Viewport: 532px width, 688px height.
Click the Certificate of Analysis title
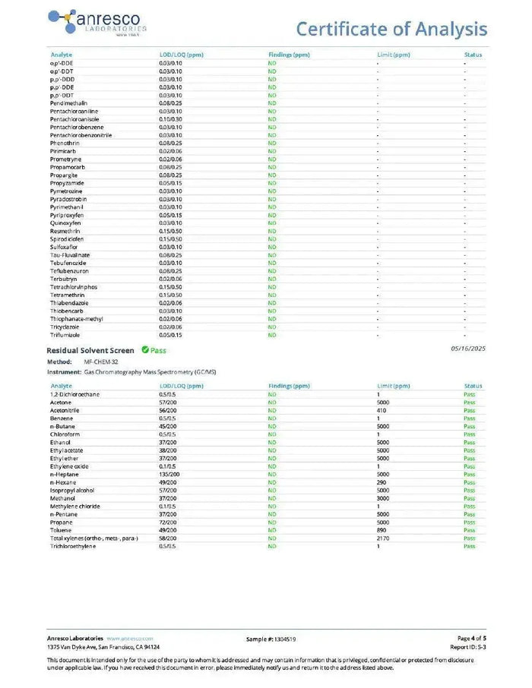coord(391,29)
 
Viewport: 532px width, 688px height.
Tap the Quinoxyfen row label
coord(65,223)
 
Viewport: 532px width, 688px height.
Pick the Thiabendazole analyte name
coord(69,303)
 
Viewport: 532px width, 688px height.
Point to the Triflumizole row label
coord(65,335)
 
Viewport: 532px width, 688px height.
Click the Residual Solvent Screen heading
coord(90,351)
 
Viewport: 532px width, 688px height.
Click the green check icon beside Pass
coord(144,350)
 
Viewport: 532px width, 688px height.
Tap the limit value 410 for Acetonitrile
coord(382,411)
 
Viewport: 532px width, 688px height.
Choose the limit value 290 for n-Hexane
coord(382,482)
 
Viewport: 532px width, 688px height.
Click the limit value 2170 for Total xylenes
coord(383,538)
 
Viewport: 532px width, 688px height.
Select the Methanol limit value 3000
coord(383,498)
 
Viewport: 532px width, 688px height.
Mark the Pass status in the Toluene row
coord(469,530)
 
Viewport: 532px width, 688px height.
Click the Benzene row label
coord(62,418)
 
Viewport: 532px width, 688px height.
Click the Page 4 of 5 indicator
coord(471,639)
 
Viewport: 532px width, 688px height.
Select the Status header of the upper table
coord(473,55)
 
